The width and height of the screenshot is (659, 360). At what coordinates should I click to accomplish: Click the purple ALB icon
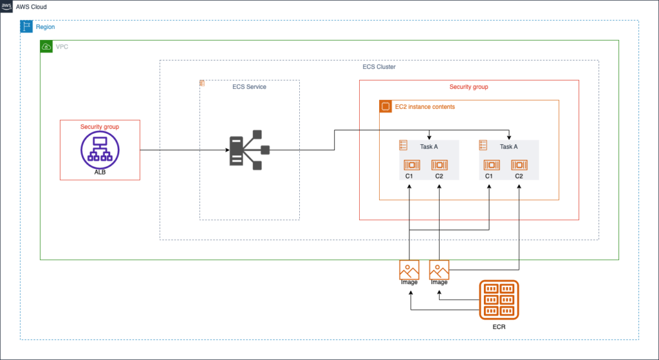tap(100, 151)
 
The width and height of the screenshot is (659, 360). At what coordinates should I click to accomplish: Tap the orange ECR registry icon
tap(499, 299)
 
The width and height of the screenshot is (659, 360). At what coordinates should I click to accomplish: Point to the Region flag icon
tap(26, 26)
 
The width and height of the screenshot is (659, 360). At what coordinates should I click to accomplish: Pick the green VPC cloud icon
tap(46, 46)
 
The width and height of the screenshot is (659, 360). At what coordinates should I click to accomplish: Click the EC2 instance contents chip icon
tap(385, 106)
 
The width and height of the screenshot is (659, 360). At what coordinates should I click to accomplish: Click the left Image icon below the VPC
tap(409, 269)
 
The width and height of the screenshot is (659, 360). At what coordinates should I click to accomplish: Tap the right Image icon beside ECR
tap(439, 269)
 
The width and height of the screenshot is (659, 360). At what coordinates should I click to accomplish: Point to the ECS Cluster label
tap(379, 66)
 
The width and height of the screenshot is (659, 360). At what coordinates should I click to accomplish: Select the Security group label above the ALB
tap(100, 127)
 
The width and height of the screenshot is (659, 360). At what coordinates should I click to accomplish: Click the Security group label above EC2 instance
tap(469, 86)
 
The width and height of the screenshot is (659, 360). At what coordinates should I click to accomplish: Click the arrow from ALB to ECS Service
tap(180, 151)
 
